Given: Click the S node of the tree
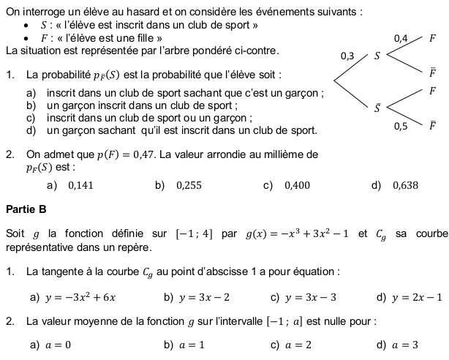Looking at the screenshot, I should tap(377, 56).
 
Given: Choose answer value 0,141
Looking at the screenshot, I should tap(80, 185).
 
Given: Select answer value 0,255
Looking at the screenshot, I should tap(189, 185).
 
